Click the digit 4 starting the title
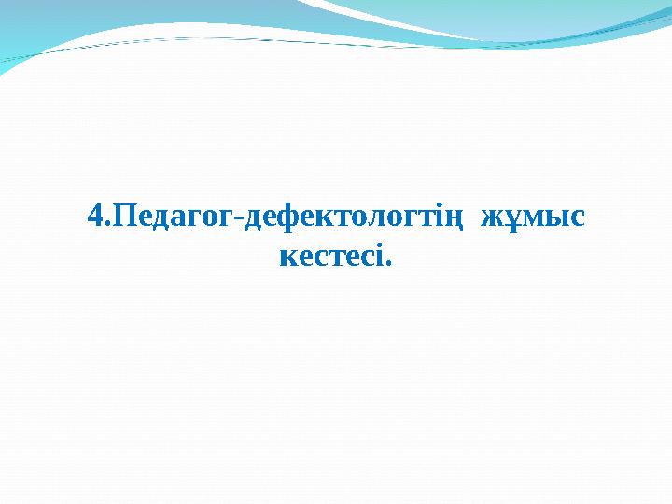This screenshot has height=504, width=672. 94,217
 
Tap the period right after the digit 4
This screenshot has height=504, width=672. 106,225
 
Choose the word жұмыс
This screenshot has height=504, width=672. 532,218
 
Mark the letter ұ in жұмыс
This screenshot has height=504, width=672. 510,220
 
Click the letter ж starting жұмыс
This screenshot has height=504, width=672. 491,219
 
